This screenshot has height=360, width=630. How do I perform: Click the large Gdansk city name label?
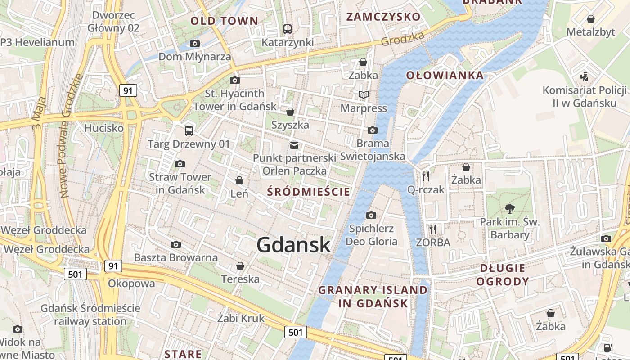(293, 245)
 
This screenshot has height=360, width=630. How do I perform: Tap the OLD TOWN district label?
(224, 21)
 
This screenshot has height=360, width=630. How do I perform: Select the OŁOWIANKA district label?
(445, 75)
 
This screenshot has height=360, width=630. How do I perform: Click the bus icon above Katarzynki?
(288, 29)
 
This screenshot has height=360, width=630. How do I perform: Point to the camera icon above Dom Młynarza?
(195, 44)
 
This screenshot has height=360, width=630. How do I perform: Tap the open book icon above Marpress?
(363, 94)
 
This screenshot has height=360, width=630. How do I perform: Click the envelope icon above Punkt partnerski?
(294, 145)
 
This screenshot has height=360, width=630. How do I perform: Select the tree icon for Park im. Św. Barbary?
(510, 208)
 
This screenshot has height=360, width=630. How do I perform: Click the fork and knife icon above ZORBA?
(433, 229)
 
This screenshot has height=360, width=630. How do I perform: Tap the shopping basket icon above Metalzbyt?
(591, 19)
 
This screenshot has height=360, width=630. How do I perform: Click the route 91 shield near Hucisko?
(128, 90)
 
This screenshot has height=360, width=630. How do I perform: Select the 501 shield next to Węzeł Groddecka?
(75, 274)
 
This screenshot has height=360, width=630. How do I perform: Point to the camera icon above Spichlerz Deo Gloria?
(371, 215)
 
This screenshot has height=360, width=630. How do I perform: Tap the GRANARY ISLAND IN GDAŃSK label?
(373, 296)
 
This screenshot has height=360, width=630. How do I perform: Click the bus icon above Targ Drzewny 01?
(189, 131)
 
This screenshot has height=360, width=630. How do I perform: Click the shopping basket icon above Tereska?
(240, 266)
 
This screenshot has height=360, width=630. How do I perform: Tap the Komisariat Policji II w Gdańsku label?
(584, 96)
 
